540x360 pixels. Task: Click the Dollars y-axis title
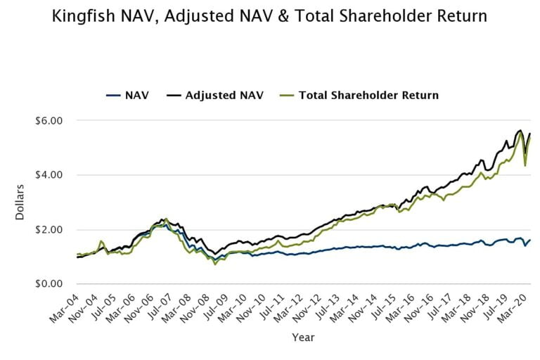20,202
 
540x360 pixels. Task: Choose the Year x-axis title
303,338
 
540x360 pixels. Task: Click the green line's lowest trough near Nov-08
215,264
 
